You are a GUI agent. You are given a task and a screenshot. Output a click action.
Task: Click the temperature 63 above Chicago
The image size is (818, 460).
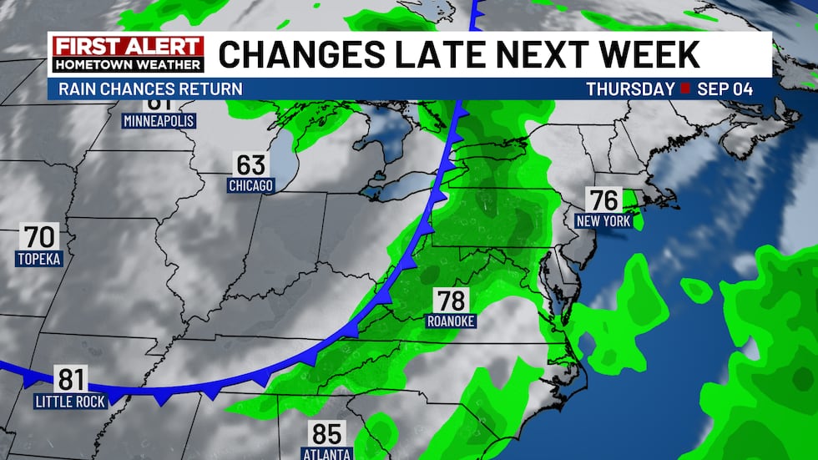click(251, 164)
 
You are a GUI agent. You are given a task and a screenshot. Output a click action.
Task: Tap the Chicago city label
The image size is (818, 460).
click(251, 185)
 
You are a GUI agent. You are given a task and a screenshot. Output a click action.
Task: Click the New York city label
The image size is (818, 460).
click(603, 221)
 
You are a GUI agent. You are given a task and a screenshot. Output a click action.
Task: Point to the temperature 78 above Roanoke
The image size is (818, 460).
click(451, 301)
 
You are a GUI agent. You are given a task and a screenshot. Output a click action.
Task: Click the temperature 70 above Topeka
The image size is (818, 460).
click(39, 237)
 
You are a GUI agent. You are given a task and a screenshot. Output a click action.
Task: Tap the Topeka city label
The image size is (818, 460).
click(39, 259)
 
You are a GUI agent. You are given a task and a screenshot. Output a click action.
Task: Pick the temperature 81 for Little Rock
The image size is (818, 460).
click(71, 380)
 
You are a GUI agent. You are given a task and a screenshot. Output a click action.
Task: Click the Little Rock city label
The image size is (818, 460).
click(71, 402)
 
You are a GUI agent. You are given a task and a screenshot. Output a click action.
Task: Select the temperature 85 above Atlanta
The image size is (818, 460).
click(327, 434)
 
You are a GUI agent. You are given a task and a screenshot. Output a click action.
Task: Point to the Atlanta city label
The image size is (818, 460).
click(327, 454)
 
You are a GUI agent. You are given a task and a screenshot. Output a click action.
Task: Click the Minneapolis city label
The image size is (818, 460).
click(159, 121)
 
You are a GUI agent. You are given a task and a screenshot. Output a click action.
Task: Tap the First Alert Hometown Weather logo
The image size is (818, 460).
click(128, 54)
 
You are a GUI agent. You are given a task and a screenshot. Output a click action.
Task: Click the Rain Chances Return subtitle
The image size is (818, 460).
click(151, 88)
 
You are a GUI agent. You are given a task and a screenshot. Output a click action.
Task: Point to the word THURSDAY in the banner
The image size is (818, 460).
click(629, 88)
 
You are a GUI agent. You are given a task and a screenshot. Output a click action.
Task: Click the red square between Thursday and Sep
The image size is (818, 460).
click(684, 88)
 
